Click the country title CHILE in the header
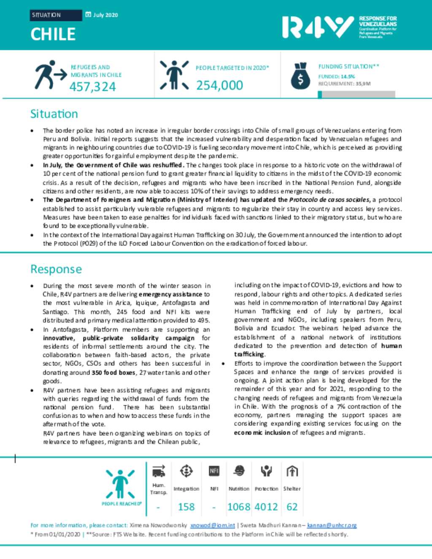53,34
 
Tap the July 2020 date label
105,15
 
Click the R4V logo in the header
318,27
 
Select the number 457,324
92,86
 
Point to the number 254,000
219,85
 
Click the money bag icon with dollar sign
300,76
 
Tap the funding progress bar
356,94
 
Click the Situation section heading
54,114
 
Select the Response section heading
56,269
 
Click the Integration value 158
186,507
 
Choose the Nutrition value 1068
239,507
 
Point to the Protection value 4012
266,507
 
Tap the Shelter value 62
292,507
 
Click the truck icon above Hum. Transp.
159,471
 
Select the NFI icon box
214,470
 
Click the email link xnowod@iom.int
212,525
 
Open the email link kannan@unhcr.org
332,525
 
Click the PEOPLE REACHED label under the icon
121,504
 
